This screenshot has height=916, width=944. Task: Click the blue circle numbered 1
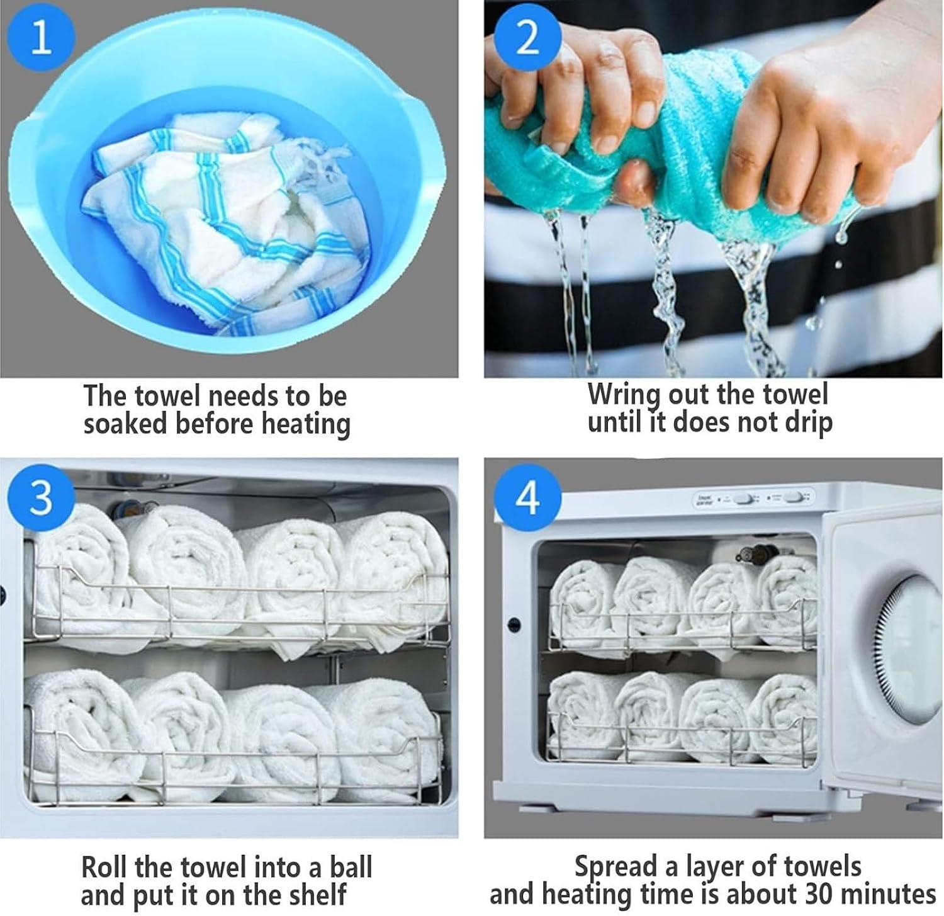point(41,37)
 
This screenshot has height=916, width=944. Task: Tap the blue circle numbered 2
point(527,36)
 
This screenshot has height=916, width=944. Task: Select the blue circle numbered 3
point(41,497)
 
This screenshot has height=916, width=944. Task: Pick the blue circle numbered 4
point(527,498)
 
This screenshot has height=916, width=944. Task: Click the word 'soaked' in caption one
point(126,423)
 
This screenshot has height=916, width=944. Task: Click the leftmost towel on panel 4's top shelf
point(582,601)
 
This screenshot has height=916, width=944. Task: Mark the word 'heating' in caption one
point(306,423)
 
